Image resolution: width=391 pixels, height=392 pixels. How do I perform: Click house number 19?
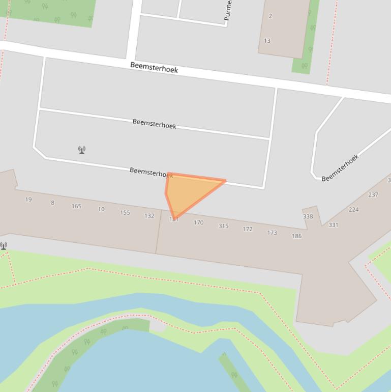28,200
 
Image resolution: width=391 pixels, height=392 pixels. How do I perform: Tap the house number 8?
52,203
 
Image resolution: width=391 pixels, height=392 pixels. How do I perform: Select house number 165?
76,206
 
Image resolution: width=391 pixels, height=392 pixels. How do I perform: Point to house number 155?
125,213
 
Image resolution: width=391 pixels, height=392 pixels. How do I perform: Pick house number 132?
149,216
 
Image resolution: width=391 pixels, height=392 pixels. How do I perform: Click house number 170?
198,222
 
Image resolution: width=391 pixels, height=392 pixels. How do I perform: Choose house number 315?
223,226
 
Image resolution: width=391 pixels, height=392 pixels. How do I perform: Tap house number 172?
248,229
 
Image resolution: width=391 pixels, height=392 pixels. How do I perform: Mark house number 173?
272,233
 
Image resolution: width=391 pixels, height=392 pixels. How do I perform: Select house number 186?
296,236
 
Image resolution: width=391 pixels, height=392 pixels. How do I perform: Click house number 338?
308,216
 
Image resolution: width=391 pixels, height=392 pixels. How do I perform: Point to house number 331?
333,225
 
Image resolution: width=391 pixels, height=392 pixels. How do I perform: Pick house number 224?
354,209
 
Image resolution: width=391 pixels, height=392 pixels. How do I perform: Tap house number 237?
373,194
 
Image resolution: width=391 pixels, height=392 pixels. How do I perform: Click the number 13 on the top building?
267,41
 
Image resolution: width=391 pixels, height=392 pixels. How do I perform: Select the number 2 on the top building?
270,16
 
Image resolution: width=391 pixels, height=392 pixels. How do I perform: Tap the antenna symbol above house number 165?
82,150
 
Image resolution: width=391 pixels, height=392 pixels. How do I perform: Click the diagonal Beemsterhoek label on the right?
340,167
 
